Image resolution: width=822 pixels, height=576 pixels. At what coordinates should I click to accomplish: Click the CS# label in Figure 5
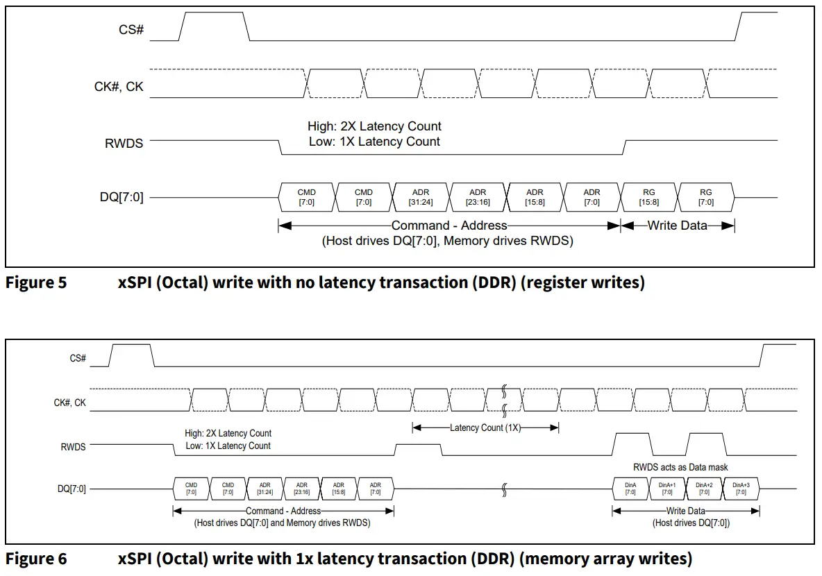131,31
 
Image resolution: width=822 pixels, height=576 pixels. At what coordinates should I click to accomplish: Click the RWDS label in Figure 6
73,446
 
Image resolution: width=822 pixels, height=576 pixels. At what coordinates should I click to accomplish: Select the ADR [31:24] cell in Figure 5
421,197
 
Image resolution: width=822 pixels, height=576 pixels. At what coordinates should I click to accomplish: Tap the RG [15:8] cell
649,197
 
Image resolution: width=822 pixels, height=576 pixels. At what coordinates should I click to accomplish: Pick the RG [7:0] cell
705,197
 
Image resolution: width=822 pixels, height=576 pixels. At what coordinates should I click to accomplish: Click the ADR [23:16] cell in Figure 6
301,489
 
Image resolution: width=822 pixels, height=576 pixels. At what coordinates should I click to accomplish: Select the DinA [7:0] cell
630,489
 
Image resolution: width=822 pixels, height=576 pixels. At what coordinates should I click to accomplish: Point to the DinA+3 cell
741,489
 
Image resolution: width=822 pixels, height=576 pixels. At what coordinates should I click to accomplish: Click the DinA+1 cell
666,489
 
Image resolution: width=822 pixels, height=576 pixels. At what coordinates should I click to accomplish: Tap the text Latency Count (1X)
485,427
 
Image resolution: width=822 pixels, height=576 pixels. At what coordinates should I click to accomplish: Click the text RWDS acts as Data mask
680,467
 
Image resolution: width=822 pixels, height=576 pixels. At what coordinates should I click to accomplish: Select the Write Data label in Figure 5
677,225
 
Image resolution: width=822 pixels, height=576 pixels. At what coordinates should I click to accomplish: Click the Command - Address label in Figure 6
283,510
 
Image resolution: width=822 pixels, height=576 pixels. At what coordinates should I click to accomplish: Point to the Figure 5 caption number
36,282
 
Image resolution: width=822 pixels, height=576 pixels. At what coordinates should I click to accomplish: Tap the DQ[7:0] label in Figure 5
121,197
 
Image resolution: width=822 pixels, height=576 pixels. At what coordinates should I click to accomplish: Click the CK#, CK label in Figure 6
70,402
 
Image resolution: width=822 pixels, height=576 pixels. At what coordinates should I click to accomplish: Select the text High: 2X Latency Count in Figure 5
374,126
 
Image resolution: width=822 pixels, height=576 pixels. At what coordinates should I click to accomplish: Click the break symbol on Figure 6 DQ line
505,489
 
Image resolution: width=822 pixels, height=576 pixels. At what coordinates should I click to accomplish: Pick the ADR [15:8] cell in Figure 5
535,197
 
